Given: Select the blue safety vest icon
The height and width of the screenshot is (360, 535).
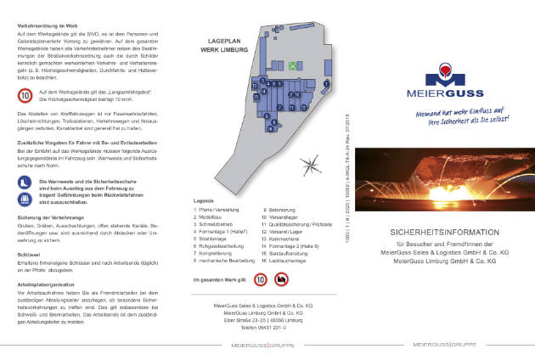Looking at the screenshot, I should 24,198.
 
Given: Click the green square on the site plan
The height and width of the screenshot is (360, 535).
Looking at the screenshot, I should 294,65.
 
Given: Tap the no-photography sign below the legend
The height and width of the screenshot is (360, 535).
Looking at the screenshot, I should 281,278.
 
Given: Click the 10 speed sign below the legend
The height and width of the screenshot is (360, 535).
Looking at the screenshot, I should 260,278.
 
